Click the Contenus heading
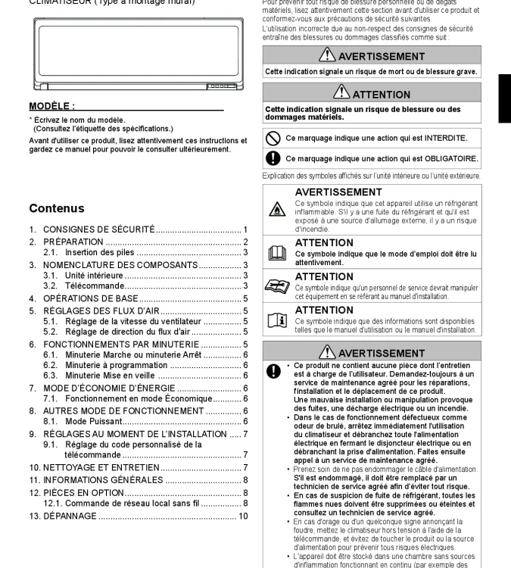click(x=57, y=208)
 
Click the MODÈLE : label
click(x=51, y=106)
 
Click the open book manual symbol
click(x=278, y=254)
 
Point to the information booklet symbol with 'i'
click(x=278, y=321)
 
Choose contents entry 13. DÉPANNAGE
click(x=70, y=516)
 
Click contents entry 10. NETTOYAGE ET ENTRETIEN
click(x=101, y=467)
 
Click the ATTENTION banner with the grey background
click(x=372, y=95)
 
